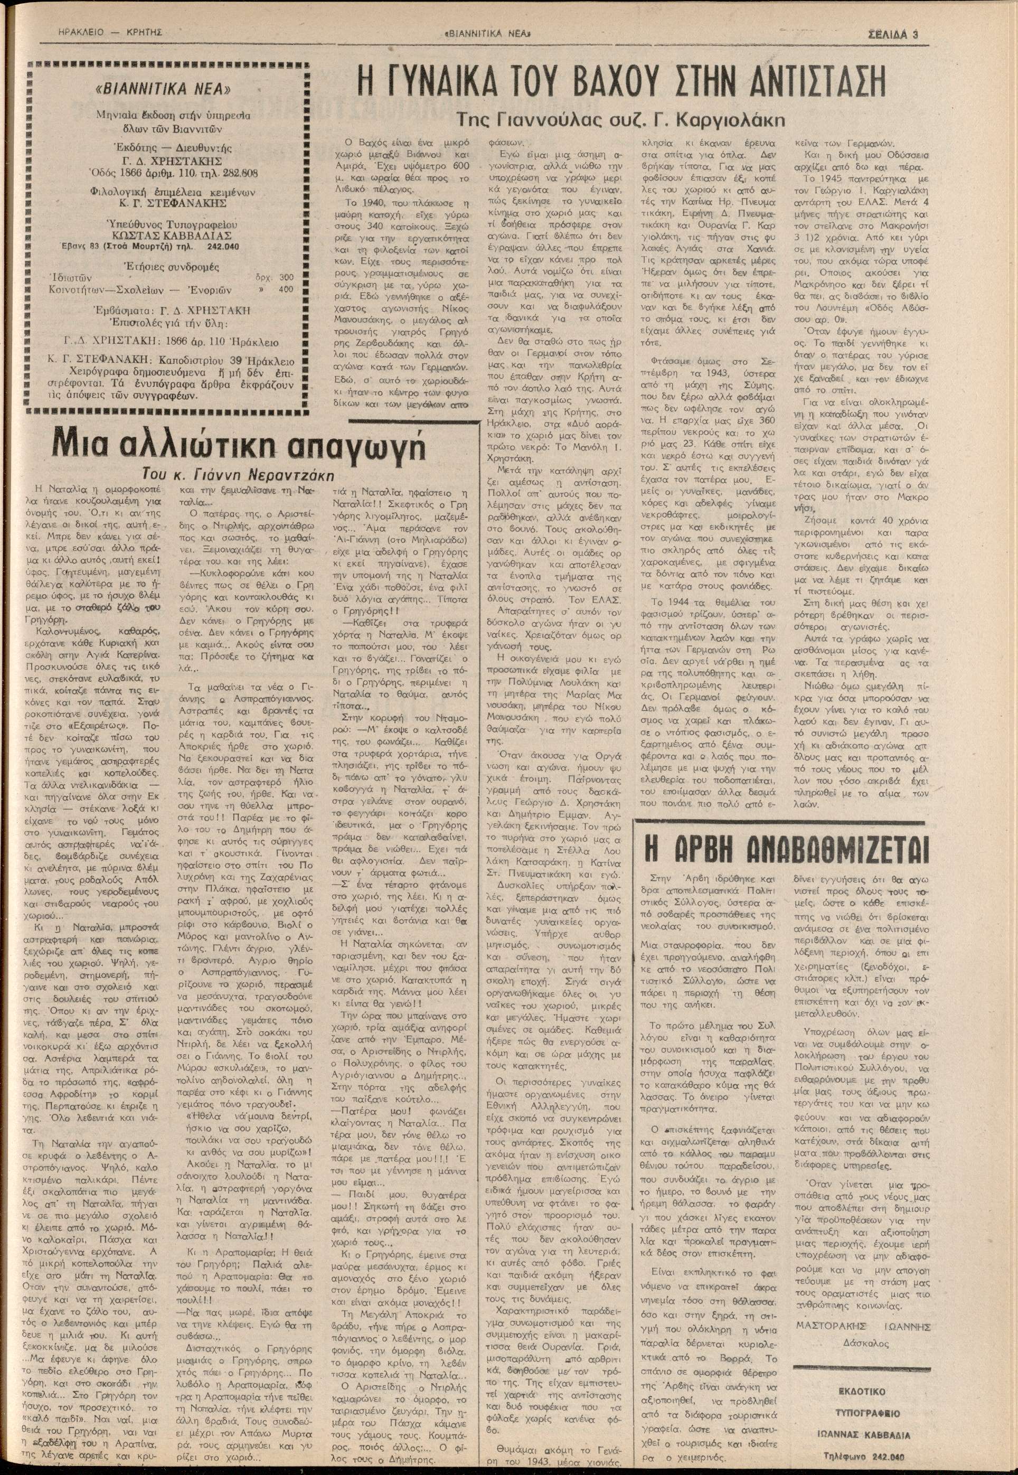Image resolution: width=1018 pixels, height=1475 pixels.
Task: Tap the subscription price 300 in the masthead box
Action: (286, 277)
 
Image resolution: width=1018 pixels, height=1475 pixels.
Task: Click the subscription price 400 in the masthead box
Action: (286, 289)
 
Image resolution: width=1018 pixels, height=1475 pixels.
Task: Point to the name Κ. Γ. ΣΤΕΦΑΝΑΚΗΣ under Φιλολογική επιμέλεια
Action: (172, 203)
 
